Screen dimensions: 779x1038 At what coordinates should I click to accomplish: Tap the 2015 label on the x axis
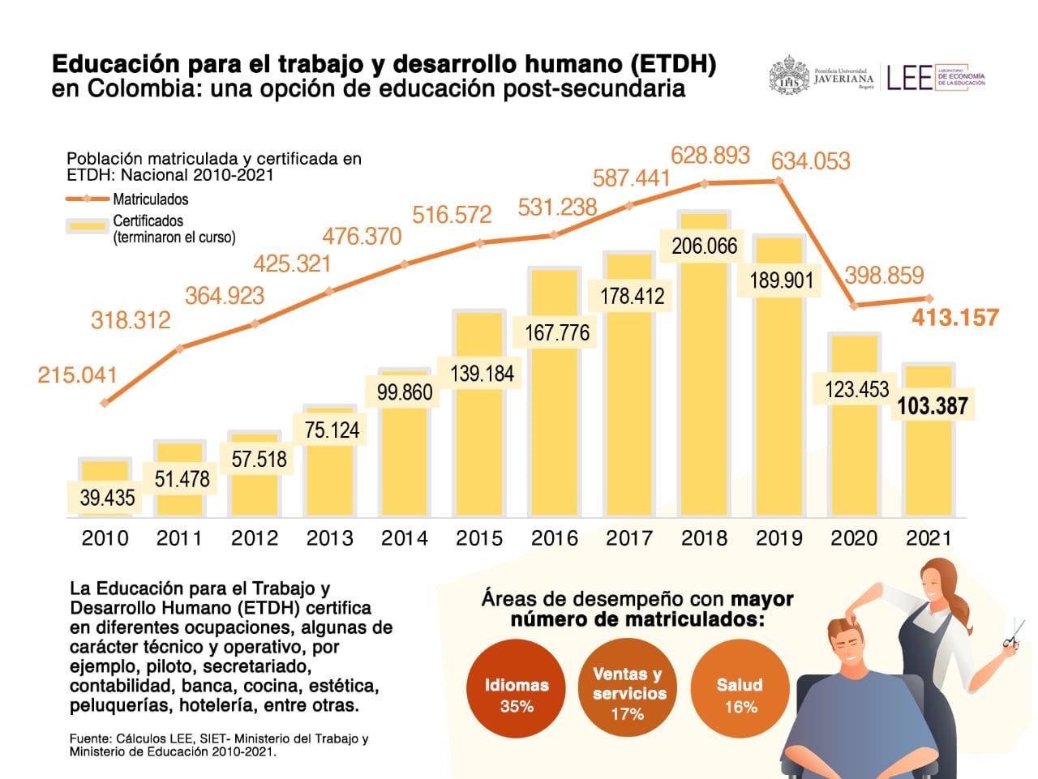click(479, 538)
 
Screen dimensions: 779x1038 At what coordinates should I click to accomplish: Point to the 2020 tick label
click(854, 538)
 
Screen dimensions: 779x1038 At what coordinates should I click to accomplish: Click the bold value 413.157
click(954, 318)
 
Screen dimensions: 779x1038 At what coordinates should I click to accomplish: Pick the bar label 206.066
click(704, 246)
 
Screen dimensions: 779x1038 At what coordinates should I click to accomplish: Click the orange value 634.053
click(810, 161)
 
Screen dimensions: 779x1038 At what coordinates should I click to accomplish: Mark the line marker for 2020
click(853, 306)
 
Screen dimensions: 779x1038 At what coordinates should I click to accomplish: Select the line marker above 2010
click(105, 403)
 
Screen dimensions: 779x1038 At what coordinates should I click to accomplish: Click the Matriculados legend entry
click(150, 199)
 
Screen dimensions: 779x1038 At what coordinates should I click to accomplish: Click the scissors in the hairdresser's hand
click(1013, 635)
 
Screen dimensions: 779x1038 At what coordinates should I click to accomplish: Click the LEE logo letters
click(909, 78)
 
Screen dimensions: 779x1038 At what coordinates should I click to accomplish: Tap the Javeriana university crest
click(788, 76)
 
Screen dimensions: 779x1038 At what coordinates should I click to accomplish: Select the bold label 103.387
click(933, 405)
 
